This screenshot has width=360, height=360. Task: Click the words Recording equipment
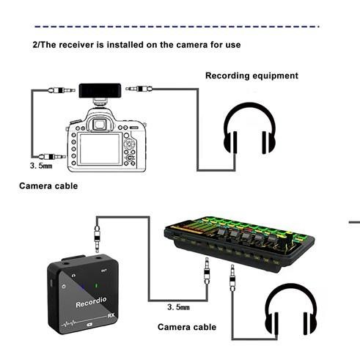[x=251, y=76]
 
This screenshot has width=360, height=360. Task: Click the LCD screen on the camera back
[x=100, y=148]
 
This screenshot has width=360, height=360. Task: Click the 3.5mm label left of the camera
[x=40, y=167]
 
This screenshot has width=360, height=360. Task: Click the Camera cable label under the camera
[x=48, y=186]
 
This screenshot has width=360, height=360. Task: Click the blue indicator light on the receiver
[x=86, y=285]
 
